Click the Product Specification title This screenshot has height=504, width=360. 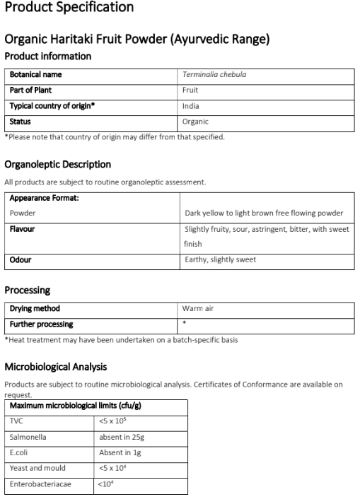pos(69,8)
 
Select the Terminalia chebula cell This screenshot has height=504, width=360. pos(214,74)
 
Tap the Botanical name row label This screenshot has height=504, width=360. pos(35,74)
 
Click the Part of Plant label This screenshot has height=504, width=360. pos(30,90)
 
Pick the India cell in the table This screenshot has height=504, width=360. pos(190,105)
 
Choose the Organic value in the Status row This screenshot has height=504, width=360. pos(195,122)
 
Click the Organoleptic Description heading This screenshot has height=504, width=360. pos(57,164)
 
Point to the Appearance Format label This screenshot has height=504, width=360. pos(44,198)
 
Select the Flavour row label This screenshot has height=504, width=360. pos(22,229)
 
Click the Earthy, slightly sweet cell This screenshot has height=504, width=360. pos(220,259)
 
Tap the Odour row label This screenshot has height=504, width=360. pos(21,259)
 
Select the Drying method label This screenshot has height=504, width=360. pos(35,308)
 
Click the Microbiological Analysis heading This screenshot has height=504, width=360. pos(57,367)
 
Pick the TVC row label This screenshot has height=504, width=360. pos(16,419)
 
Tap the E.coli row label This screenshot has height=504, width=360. pos(20,452)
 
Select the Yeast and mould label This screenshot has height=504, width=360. pos(37,467)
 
